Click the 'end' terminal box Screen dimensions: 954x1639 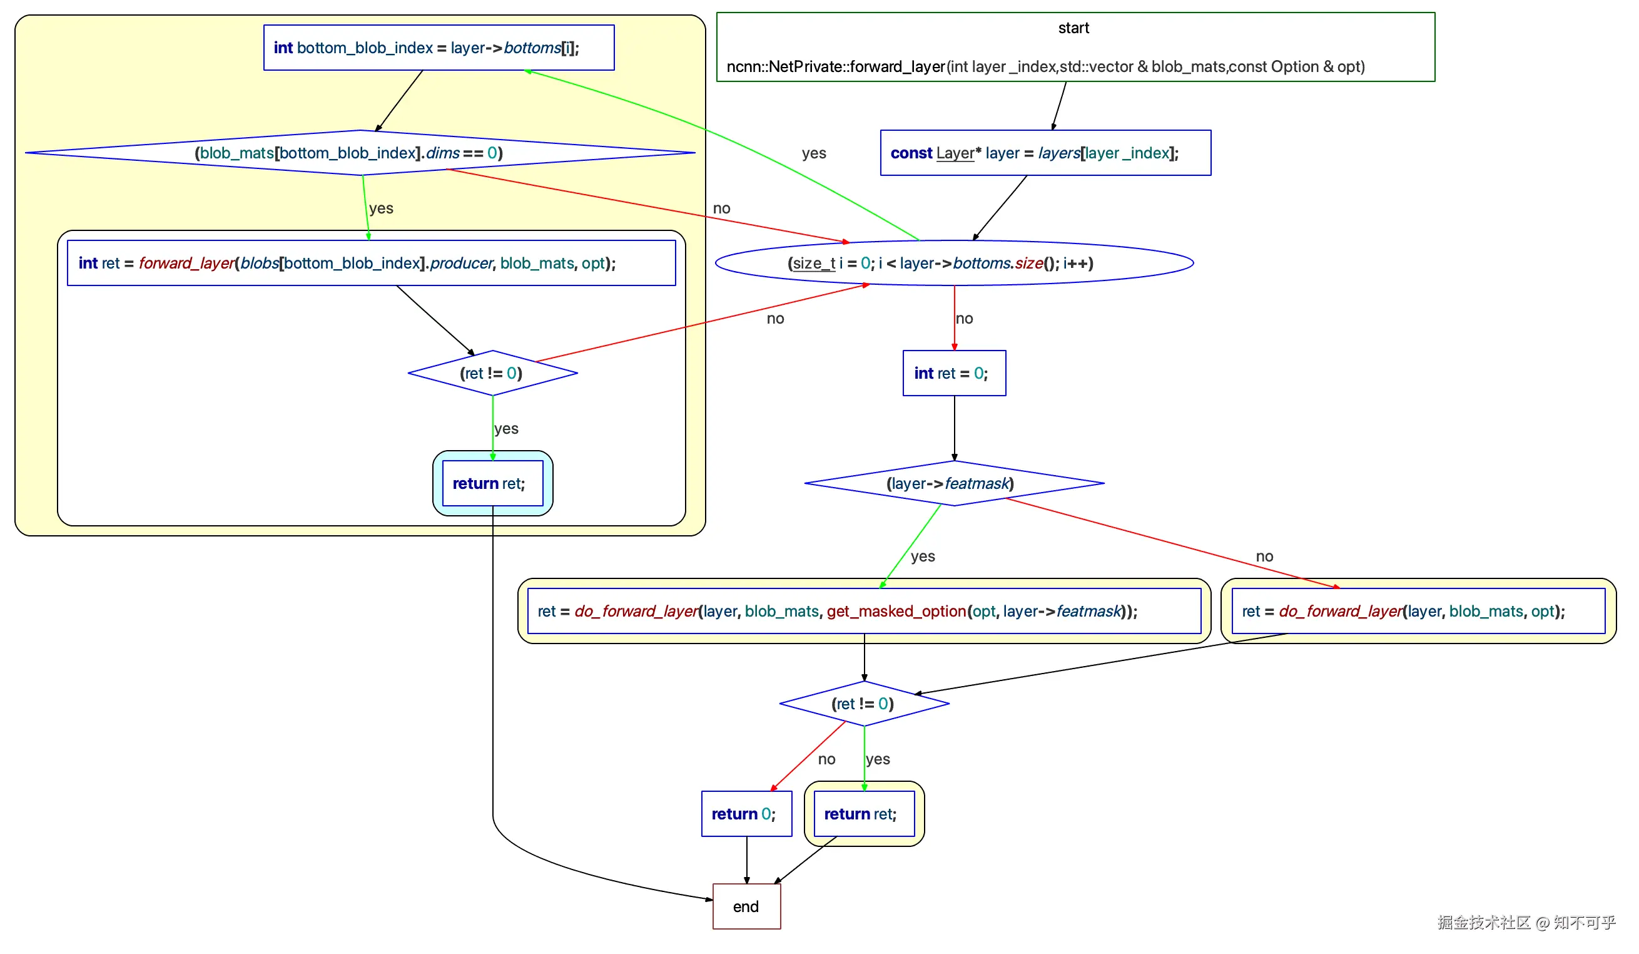[x=746, y=906]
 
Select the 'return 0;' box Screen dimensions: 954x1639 [x=746, y=813]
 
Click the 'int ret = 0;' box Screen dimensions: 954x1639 [x=953, y=373]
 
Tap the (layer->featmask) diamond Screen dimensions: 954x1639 [x=953, y=483]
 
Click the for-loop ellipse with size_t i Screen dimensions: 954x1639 [x=953, y=263]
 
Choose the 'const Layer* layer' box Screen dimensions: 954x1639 [x=1045, y=153]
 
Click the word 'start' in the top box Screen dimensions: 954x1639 [x=1073, y=28]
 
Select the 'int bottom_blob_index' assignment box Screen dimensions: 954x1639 [x=439, y=48]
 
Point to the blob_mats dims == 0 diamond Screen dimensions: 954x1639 [x=360, y=153]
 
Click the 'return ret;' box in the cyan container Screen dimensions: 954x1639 [x=492, y=483]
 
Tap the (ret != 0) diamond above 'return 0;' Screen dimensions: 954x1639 [x=864, y=704]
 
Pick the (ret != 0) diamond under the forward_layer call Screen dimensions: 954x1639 [x=492, y=373]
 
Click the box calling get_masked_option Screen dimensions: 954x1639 [x=864, y=610]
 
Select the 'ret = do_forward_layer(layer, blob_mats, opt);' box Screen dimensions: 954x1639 [x=1418, y=610]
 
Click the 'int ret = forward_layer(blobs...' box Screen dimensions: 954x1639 [x=371, y=263]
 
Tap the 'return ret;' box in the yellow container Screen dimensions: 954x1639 [x=864, y=813]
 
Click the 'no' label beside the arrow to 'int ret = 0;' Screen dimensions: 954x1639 [x=964, y=318]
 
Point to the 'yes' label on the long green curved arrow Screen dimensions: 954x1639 [x=814, y=153]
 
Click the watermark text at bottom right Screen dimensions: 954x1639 [x=1526, y=922]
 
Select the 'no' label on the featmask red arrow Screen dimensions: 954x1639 [x=1264, y=556]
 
